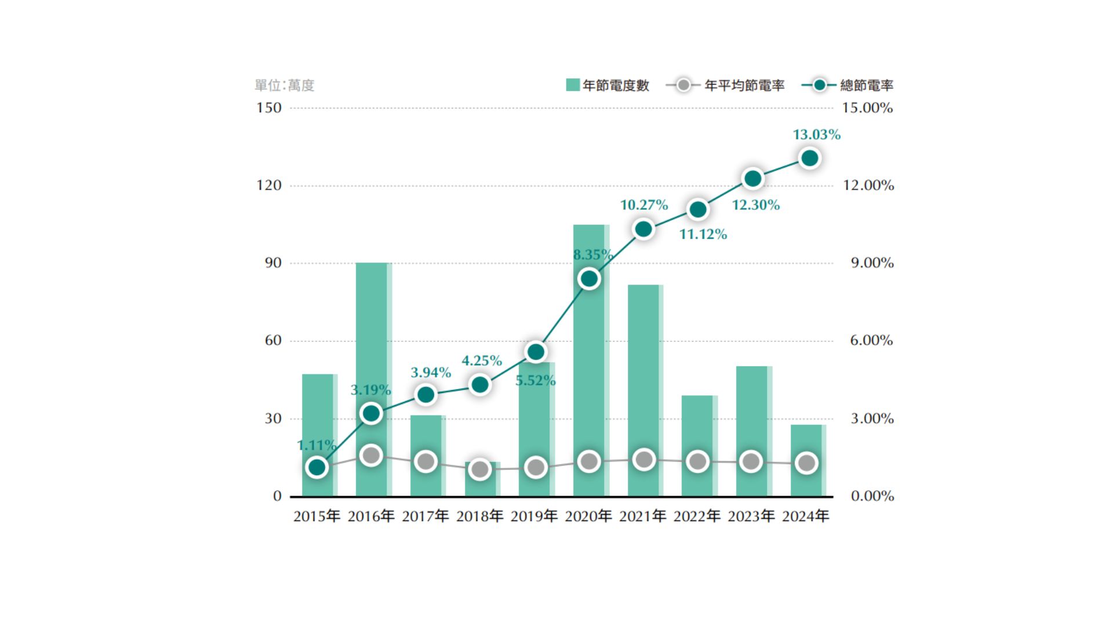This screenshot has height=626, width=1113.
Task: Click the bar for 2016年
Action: click(x=372, y=348)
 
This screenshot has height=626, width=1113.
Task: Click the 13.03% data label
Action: click(x=816, y=134)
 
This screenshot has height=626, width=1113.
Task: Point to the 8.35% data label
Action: click(x=592, y=254)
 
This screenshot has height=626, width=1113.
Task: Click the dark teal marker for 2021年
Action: click(x=643, y=230)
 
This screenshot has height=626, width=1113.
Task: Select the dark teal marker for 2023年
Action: click(x=752, y=179)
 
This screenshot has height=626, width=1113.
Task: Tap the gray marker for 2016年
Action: click(x=371, y=456)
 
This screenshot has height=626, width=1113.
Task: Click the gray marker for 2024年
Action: click(x=806, y=463)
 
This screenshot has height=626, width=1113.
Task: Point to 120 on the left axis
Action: click(x=269, y=185)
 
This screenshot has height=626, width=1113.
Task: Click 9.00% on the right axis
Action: click(x=871, y=263)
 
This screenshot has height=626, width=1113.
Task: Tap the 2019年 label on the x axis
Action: click(x=534, y=516)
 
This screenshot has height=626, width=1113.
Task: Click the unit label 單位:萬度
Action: click(x=285, y=85)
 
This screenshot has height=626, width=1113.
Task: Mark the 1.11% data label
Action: click(x=317, y=445)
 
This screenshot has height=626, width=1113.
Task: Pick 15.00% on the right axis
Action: click(x=867, y=108)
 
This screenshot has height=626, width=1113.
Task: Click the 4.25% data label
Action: click(x=481, y=361)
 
